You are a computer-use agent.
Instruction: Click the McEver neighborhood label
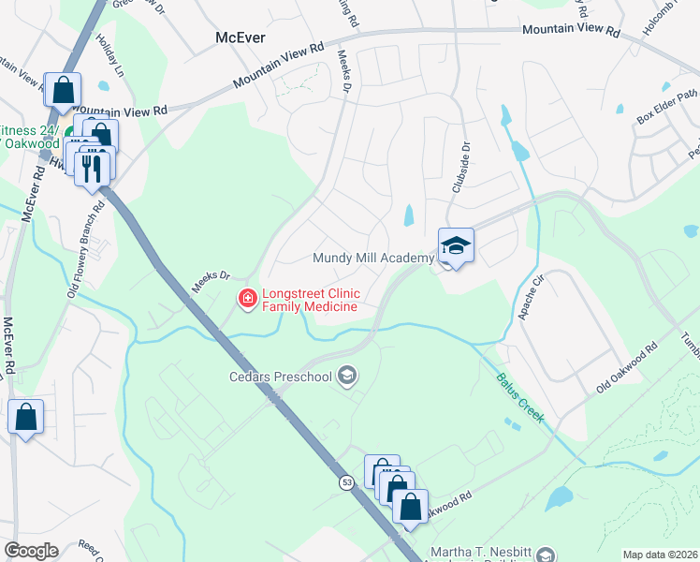241,37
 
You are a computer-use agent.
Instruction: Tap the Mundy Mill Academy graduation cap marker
456,246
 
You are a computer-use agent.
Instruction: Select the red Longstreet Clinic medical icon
248,299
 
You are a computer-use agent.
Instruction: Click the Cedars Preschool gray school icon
347,377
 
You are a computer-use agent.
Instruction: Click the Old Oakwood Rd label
627,369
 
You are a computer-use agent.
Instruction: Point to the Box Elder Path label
667,106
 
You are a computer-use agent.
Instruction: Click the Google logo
31,551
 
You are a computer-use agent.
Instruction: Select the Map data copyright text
660,555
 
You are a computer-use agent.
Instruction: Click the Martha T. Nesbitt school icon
547,554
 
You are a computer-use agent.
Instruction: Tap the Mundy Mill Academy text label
372,258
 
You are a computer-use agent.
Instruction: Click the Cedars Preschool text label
281,377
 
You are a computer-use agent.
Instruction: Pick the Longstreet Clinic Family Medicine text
310,300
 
